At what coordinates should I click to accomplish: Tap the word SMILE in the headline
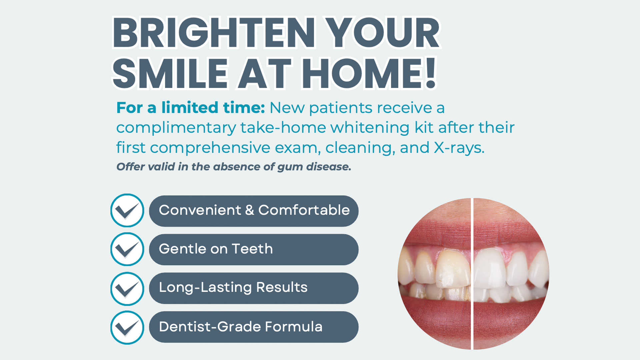[x=170, y=73]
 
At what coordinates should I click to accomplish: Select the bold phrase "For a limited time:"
[x=191, y=108]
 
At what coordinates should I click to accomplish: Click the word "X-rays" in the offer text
[x=459, y=148]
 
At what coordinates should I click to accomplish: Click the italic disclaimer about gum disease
[x=234, y=167]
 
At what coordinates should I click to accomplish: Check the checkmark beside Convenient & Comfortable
[x=127, y=211]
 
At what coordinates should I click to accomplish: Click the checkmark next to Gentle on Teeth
[x=127, y=249]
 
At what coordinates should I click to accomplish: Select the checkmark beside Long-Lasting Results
[x=127, y=289]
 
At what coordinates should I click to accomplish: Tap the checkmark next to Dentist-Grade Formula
[x=127, y=327]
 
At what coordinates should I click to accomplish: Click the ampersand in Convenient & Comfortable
[x=250, y=210]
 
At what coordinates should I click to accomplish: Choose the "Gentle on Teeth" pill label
[x=216, y=249]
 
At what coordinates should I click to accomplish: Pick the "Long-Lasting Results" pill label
[x=233, y=288]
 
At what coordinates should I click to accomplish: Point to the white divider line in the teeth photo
[x=472, y=274]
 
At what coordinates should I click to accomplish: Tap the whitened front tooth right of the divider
[x=490, y=268]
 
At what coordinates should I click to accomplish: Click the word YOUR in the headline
[x=383, y=33]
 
